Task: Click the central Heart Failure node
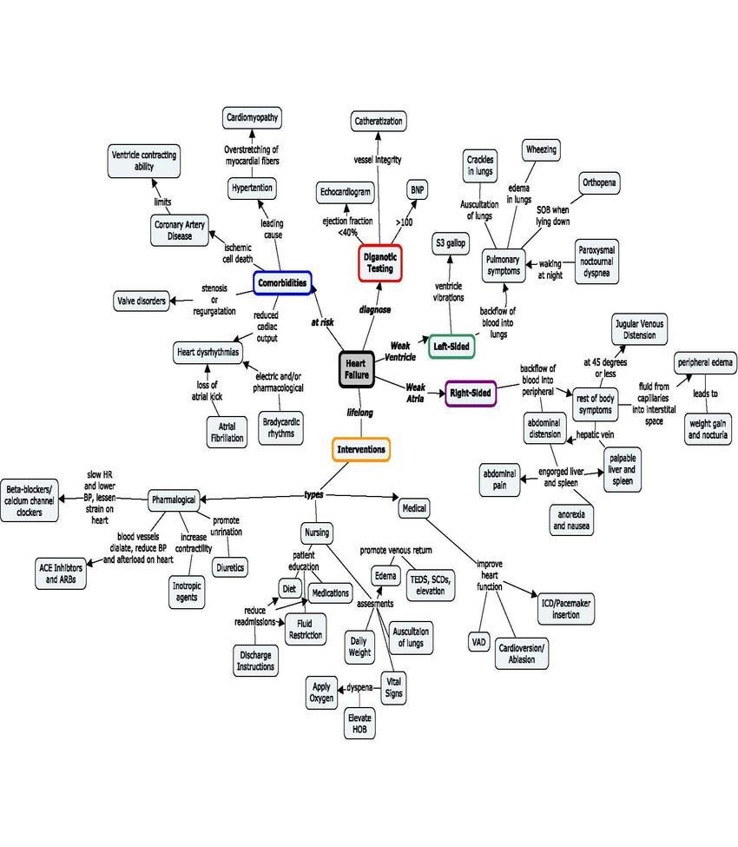[x=357, y=368]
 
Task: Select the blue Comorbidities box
[x=283, y=283]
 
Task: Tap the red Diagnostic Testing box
[x=380, y=263]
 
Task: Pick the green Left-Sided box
[x=451, y=347]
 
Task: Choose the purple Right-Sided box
[x=471, y=393]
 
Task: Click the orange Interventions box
[x=360, y=449]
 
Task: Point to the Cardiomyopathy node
[x=253, y=117]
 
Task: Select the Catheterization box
[x=379, y=121]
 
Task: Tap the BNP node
[x=417, y=189]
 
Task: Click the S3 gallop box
[x=450, y=243]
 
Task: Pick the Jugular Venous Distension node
[x=639, y=329]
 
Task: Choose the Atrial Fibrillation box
[x=227, y=432]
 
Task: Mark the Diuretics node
[x=230, y=567]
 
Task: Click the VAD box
[x=479, y=642]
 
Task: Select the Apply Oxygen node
[x=321, y=692]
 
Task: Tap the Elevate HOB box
[x=359, y=724]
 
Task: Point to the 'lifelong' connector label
[x=359, y=412]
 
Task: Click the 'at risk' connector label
[x=321, y=321]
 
